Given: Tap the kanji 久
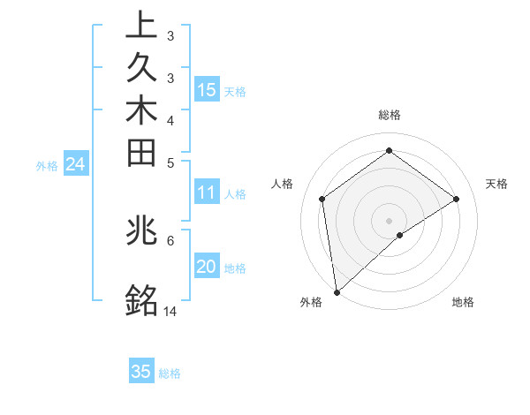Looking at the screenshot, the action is click(x=141, y=70).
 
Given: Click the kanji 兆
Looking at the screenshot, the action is click(x=141, y=231).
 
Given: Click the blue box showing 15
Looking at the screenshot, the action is click(x=207, y=89).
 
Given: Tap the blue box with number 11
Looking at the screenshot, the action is click(x=207, y=193).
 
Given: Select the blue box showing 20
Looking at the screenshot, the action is click(x=207, y=268).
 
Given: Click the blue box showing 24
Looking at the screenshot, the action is click(x=75, y=163).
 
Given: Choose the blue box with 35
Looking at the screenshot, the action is click(x=141, y=372).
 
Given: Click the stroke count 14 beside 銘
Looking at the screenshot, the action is click(x=170, y=311).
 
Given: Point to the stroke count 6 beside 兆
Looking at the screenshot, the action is click(x=170, y=239).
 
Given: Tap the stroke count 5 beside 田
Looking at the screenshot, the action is click(x=170, y=162).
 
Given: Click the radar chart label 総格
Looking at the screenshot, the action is click(x=390, y=115).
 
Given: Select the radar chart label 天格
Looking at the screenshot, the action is click(x=497, y=184).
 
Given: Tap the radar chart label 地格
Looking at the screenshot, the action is click(x=463, y=303).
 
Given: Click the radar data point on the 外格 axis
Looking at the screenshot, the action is click(x=337, y=292).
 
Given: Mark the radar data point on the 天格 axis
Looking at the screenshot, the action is click(x=457, y=199).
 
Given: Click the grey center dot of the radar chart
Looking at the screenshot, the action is click(x=390, y=220).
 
